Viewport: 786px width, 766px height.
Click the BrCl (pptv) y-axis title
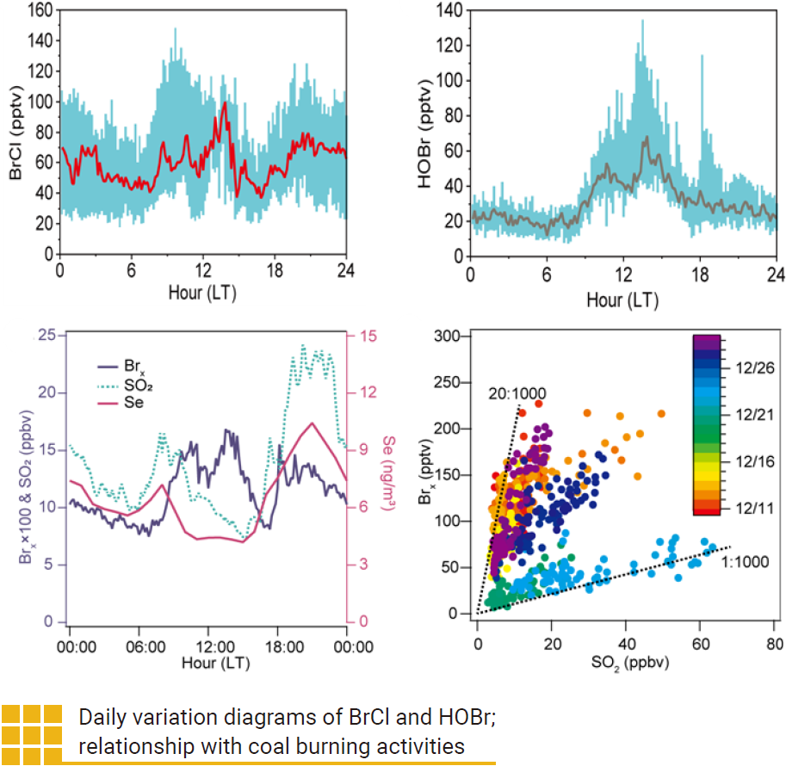15,132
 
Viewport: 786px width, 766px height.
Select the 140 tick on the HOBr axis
450,9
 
